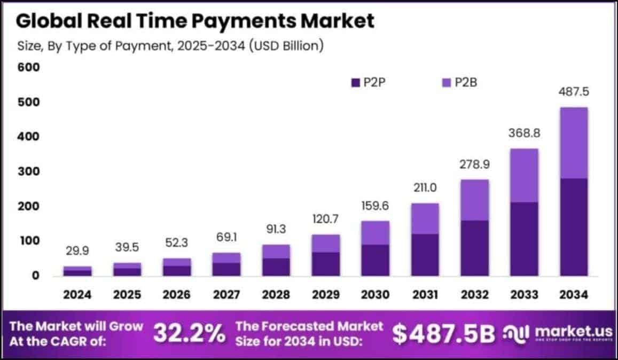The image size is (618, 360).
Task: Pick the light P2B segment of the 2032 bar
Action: pyautogui.click(x=474, y=200)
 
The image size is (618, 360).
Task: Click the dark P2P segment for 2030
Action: pyautogui.click(x=376, y=260)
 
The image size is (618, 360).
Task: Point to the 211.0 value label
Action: pyautogui.click(x=425, y=187)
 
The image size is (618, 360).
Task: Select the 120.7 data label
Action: pyautogui.click(x=325, y=218)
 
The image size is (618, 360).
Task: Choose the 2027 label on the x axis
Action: pyautogui.click(x=226, y=294)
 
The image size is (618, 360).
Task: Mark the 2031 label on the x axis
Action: pyautogui.click(x=425, y=294)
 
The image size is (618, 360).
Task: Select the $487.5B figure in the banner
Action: pyautogui.click(x=444, y=334)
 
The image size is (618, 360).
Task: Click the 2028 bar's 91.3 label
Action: pyautogui.click(x=276, y=229)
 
